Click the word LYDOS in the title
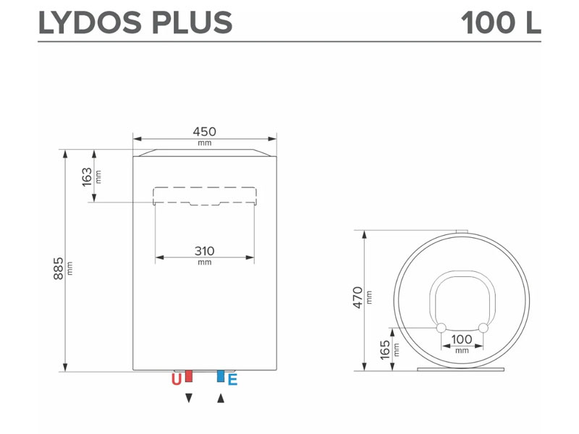pos(90,23)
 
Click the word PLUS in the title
pos(192,23)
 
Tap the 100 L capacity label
pos(501,23)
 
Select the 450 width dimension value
pos(204,132)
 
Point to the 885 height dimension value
pos(59,268)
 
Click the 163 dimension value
pos(87,177)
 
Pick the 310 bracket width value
pos(204,251)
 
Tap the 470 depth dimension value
pos(358,297)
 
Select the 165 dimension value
pos(385,349)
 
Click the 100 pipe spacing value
pos(462,339)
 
